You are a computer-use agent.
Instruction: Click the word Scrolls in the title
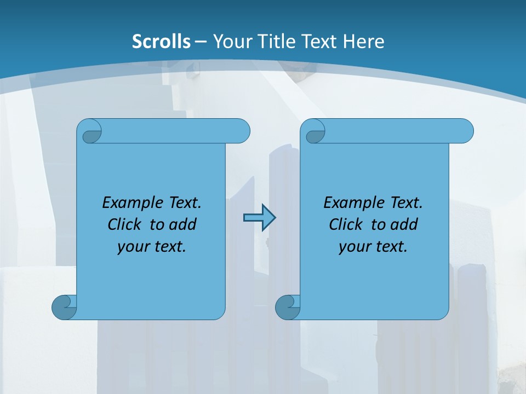tap(162, 42)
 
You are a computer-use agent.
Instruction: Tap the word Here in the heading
tap(363, 42)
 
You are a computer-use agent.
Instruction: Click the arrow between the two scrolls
tap(259, 218)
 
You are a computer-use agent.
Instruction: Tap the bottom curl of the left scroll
tap(64, 306)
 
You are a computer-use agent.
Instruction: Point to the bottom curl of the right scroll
tap(287, 306)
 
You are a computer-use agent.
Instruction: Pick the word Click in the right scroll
tap(346, 225)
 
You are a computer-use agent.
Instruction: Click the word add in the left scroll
tap(182, 225)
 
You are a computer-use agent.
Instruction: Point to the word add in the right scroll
tap(404, 225)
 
